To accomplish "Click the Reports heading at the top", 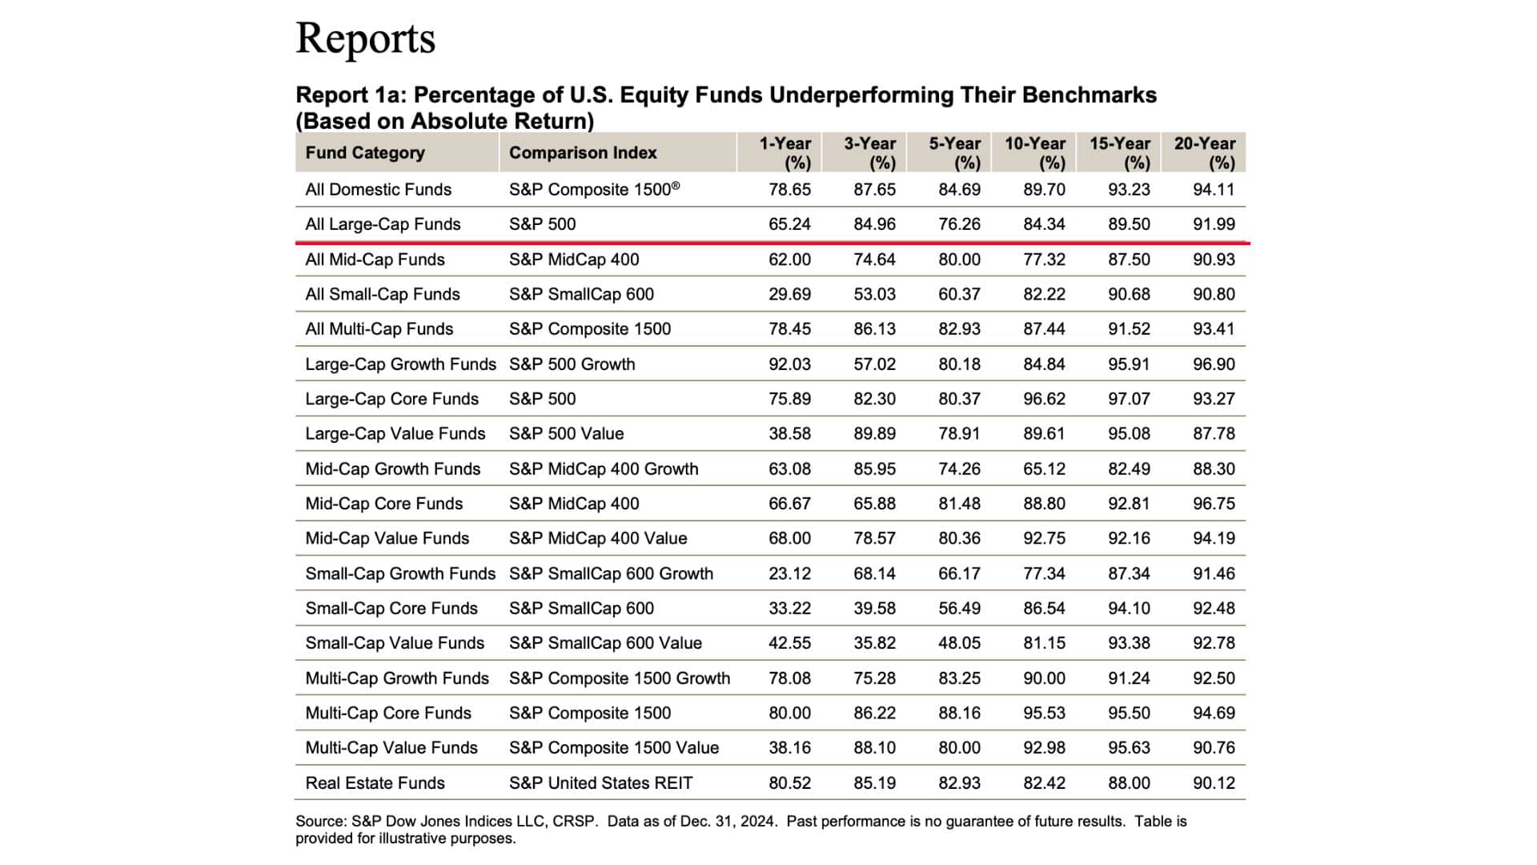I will pyautogui.click(x=365, y=38).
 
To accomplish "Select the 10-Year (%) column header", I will pyautogui.click(x=1035, y=152).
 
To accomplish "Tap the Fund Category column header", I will pyautogui.click(x=365, y=153).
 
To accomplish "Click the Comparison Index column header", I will pyautogui.click(x=583, y=153).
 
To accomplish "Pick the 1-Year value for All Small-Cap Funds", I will pyautogui.click(x=789, y=294).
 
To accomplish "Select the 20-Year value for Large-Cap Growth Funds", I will pyautogui.click(x=1214, y=364).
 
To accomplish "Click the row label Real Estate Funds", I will pyautogui.click(x=375, y=783).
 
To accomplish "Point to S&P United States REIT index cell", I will pyautogui.click(x=600, y=783).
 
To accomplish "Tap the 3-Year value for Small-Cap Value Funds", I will pyautogui.click(x=874, y=643).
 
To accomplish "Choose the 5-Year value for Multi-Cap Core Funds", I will pyautogui.click(x=959, y=713).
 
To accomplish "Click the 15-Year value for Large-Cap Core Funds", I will pyautogui.click(x=1129, y=399).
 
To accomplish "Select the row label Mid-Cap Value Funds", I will pyautogui.click(x=387, y=538).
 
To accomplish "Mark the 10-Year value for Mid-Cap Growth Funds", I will pyautogui.click(x=1044, y=469).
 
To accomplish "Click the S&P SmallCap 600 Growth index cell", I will pyautogui.click(x=611, y=573).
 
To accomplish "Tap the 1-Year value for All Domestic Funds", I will pyautogui.click(x=789, y=190).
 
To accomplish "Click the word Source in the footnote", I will pyautogui.click(x=319, y=821).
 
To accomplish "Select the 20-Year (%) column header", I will pyautogui.click(x=1205, y=152).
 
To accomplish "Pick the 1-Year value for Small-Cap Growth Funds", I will pyautogui.click(x=789, y=573).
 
